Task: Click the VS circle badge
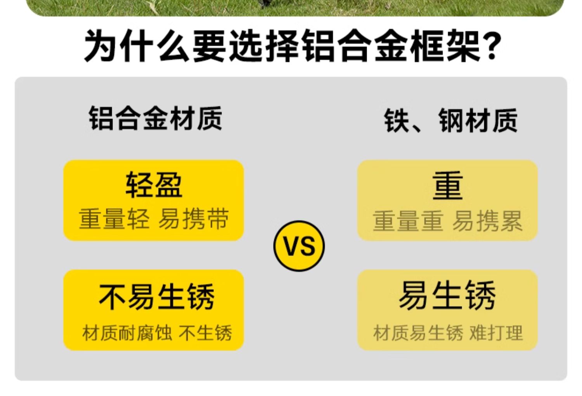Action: coord(299,246)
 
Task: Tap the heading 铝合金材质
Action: coord(155,118)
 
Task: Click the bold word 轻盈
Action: coord(154,185)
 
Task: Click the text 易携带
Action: coord(194,219)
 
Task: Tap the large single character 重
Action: coord(448,186)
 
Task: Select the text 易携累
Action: coord(487,221)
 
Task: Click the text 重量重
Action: coord(408,221)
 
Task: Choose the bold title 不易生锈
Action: coord(156,297)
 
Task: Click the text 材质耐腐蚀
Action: coord(127,333)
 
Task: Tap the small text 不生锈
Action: coord(205,333)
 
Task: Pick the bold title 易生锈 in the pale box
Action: coord(447,296)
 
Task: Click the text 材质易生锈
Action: coord(418,333)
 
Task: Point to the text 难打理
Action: coord(496,333)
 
